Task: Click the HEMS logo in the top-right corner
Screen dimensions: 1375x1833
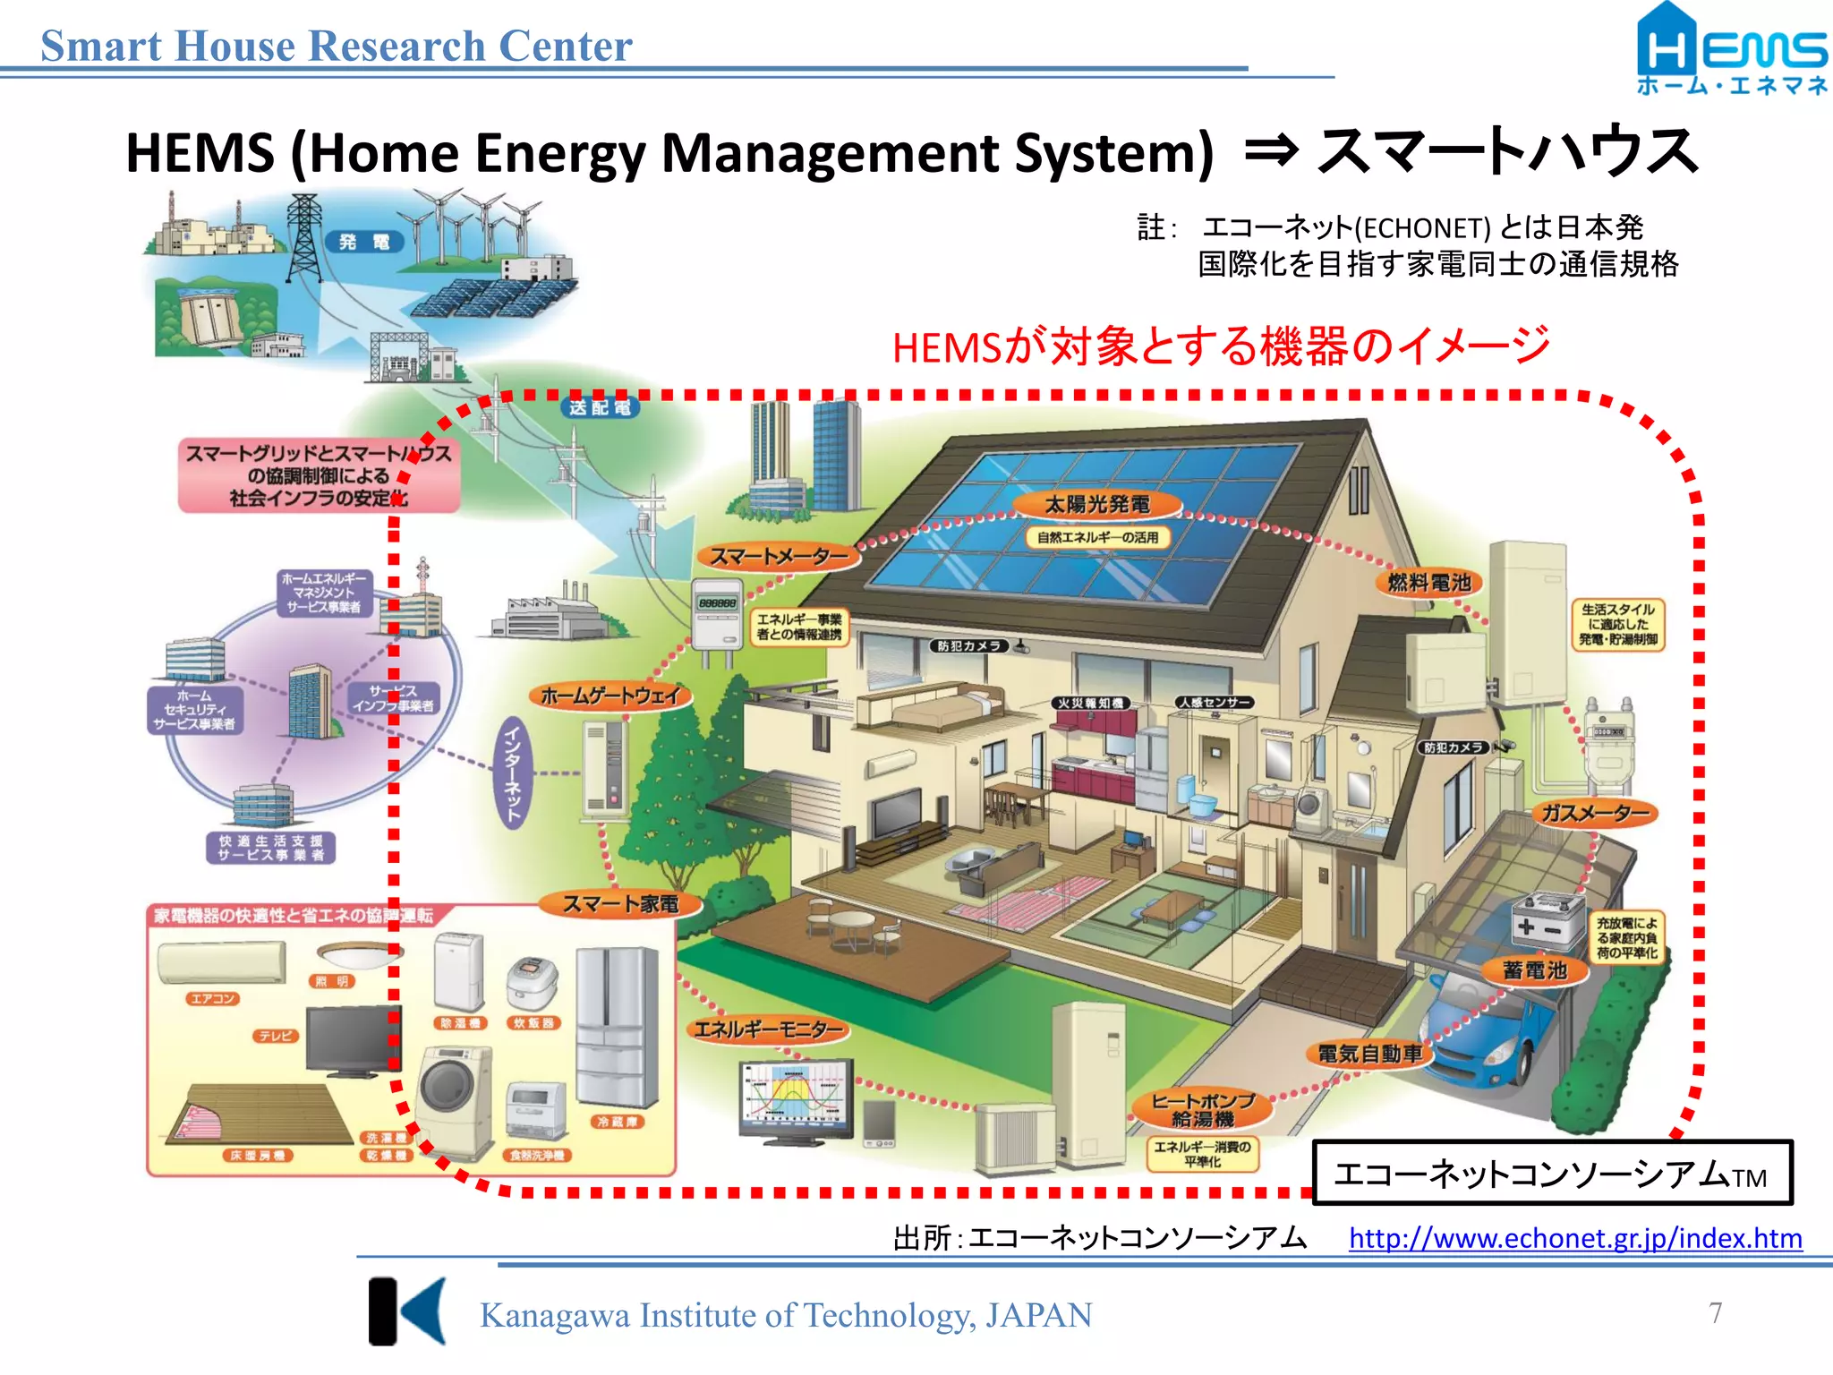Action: [x=1731, y=49]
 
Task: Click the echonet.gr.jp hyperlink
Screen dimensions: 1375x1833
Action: [x=1574, y=1238]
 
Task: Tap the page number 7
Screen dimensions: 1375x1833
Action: [x=1715, y=1312]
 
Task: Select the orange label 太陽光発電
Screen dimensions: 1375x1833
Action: [x=1097, y=505]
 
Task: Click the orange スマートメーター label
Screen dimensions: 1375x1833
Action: [x=778, y=557]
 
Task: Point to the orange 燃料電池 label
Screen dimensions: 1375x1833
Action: [x=1428, y=583]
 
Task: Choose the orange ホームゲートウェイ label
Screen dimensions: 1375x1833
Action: [x=611, y=696]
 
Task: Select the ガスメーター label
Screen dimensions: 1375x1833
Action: [x=1595, y=813]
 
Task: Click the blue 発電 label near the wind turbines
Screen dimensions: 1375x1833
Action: [x=363, y=242]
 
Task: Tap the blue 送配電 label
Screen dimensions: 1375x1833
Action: [x=601, y=408]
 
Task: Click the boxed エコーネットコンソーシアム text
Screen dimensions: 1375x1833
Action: [x=1551, y=1174]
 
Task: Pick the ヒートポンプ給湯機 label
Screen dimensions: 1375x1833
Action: [x=1203, y=1109]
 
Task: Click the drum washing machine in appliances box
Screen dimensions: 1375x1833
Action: [x=453, y=1101]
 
